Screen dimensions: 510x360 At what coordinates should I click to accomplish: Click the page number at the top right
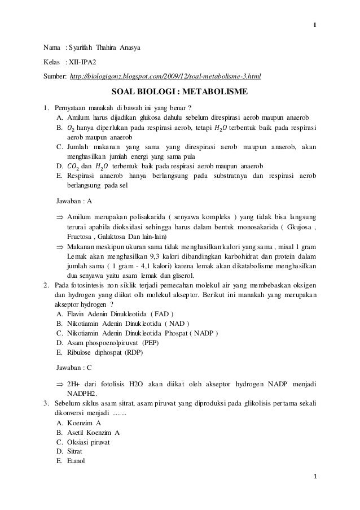[x=315, y=8]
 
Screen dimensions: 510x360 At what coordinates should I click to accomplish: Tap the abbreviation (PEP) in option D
[x=150, y=343]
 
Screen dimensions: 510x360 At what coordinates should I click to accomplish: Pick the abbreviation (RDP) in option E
[x=133, y=352]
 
